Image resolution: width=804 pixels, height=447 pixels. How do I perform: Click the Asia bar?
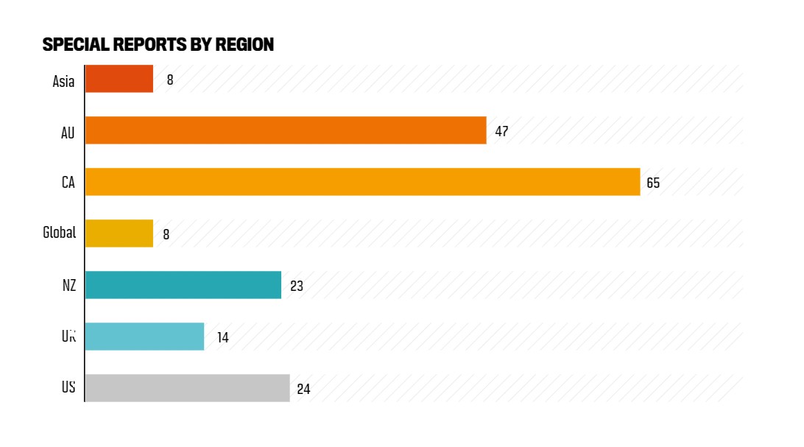click(x=119, y=79)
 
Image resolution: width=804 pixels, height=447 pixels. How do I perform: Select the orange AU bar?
click(x=286, y=130)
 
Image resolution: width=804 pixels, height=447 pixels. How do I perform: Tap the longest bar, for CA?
click(x=362, y=182)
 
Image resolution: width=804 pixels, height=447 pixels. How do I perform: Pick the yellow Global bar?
click(x=119, y=233)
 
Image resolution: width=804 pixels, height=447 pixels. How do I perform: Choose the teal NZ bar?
click(x=183, y=285)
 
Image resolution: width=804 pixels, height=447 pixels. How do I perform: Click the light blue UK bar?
click(x=144, y=337)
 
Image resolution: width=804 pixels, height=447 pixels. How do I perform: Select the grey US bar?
click(x=188, y=388)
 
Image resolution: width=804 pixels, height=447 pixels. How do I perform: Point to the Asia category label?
click(x=63, y=81)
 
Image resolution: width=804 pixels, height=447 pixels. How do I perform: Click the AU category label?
click(x=68, y=133)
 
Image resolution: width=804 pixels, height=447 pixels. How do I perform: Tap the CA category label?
click(x=68, y=182)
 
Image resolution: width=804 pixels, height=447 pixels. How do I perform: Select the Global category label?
click(x=59, y=233)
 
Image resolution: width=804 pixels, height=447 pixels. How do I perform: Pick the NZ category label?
click(x=69, y=285)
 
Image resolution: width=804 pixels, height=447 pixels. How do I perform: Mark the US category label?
click(x=68, y=387)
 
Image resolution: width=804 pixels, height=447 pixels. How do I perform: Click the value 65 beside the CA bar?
click(x=653, y=183)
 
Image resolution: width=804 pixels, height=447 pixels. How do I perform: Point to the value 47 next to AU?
click(x=501, y=131)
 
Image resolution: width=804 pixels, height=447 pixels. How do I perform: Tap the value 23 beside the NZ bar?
click(x=297, y=286)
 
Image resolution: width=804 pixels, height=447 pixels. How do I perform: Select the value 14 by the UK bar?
click(x=222, y=337)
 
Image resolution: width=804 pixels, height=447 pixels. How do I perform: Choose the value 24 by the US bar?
click(x=303, y=389)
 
